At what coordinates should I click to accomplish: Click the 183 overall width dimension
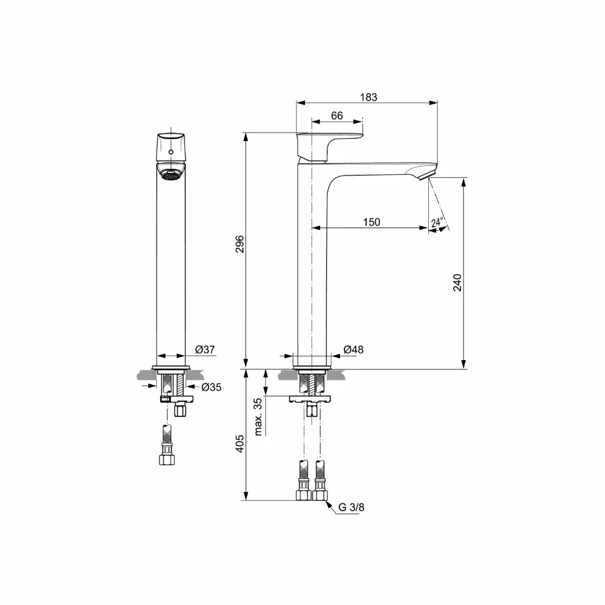click(369, 97)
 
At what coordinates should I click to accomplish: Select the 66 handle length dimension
click(337, 116)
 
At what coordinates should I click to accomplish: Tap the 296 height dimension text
click(240, 244)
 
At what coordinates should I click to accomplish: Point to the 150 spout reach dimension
click(371, 222)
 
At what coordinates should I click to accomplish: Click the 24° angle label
click(437, 222)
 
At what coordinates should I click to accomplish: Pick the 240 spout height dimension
click(457, 283)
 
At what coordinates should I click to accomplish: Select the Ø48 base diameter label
click(353, 350)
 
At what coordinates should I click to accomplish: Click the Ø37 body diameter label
click(205, 350)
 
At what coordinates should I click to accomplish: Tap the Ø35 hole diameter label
click(211, 387)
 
